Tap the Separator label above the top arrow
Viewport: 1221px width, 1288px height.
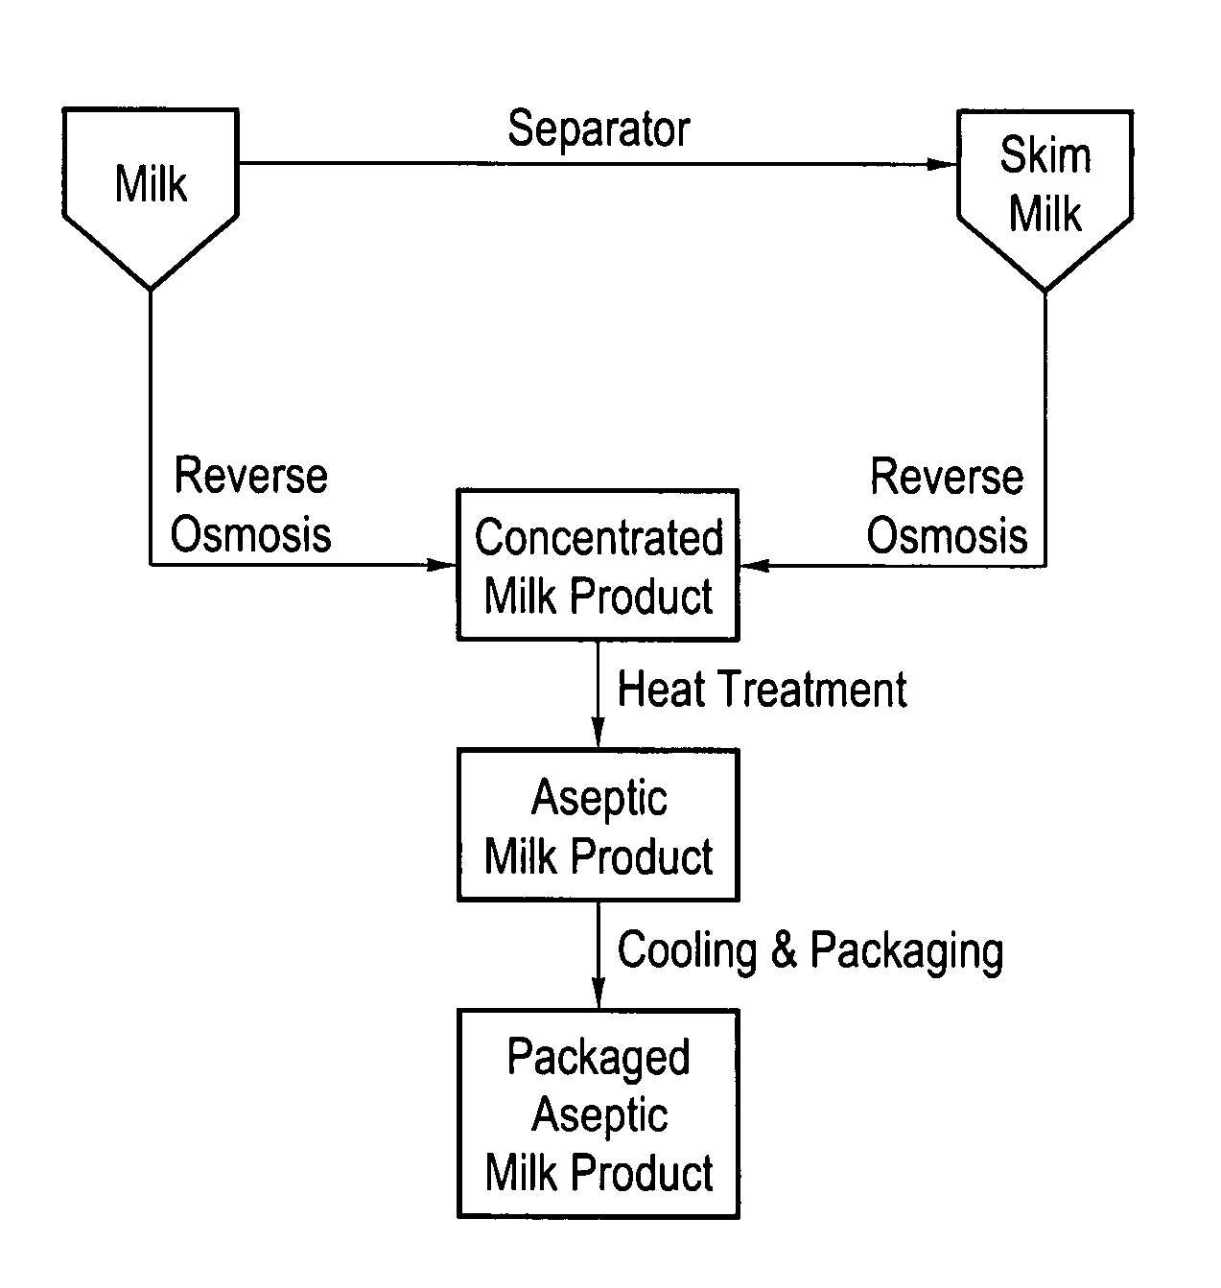tap(599, 129)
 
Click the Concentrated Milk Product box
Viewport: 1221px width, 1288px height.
tap(599, 566)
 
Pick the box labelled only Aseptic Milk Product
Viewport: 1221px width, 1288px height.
tap(599, 826)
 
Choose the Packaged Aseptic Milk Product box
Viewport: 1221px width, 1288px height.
tap(599, 1114)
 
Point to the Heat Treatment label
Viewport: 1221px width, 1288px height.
tap(762, 690)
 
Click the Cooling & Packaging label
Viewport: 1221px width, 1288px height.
tap(810, 950)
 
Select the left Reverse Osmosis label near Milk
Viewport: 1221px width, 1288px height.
tap(251, 505)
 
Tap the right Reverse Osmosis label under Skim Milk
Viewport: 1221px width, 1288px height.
tap(947, 505)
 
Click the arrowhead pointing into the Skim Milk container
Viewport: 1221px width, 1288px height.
tap(944, 165)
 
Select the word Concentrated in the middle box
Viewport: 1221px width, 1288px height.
tap(599, 538)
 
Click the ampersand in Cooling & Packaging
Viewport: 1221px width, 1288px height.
tap(784, 950)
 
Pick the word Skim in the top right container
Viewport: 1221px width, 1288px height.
tap(1045, 156)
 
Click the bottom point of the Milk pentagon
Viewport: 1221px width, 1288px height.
tap(151, 287)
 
